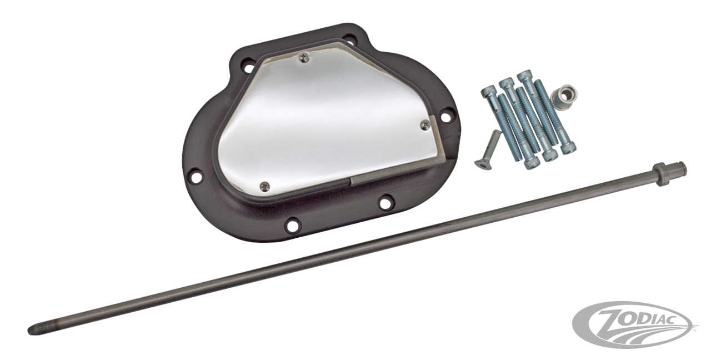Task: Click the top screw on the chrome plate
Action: click(x=303, y=56)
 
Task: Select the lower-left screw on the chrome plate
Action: click(x=264, y=184)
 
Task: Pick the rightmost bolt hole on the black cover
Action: click(x=444, y=117)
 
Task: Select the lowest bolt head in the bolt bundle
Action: click(x=530, y=162)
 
